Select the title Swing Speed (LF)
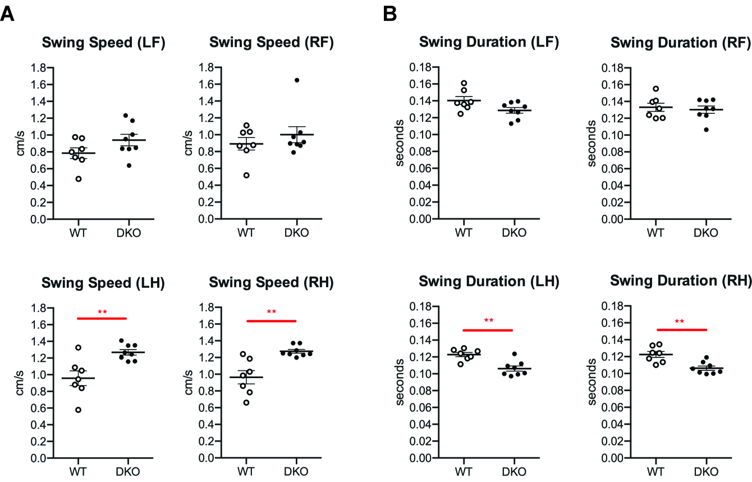point(103,43)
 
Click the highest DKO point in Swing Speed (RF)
point(297,80)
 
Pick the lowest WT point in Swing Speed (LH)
point(79,410)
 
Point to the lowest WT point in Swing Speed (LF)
point(79,179)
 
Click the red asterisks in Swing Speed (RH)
point(272,312)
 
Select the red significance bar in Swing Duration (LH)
point(488,330)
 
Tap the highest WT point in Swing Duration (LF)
point(464,83)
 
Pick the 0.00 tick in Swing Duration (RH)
point(613,458)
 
